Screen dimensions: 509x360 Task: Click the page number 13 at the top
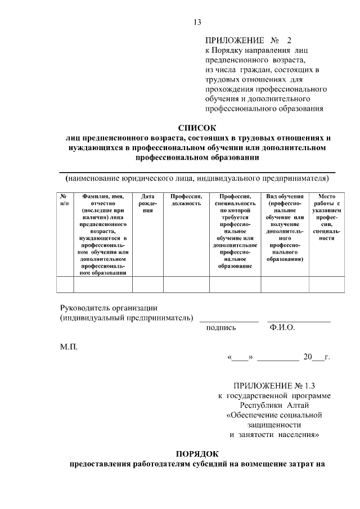[197, 22]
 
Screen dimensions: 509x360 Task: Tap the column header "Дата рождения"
[147, 202]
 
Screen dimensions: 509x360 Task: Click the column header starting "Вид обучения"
[285, 227]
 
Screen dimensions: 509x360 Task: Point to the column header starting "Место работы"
[326, 217]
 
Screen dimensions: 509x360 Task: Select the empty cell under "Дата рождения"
[147, 285]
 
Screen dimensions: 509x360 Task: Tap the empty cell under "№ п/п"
[65, 285]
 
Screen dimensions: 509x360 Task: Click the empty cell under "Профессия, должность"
[186, 285]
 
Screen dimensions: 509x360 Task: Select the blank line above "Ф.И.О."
[299, 321]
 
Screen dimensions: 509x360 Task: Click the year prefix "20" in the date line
[307, 357]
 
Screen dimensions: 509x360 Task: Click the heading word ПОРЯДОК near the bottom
[197, 454]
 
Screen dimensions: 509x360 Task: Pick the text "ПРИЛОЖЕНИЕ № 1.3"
[275, 386]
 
